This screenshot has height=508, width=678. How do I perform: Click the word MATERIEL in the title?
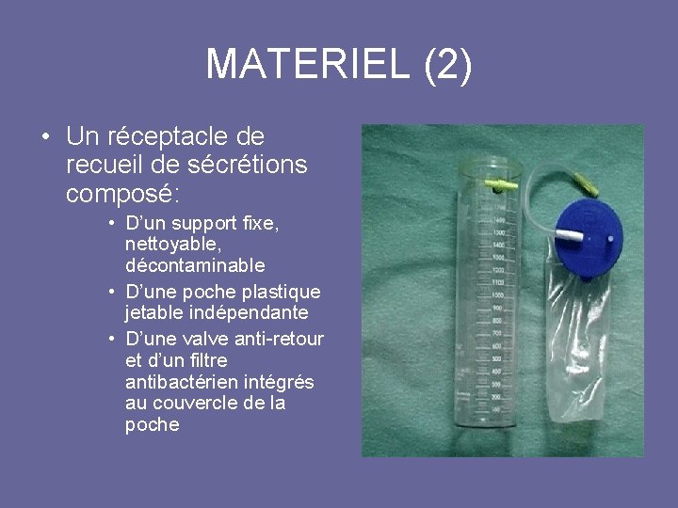click(x=308, y=64)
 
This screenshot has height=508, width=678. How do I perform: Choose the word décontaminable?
click(x=194, y=265)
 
